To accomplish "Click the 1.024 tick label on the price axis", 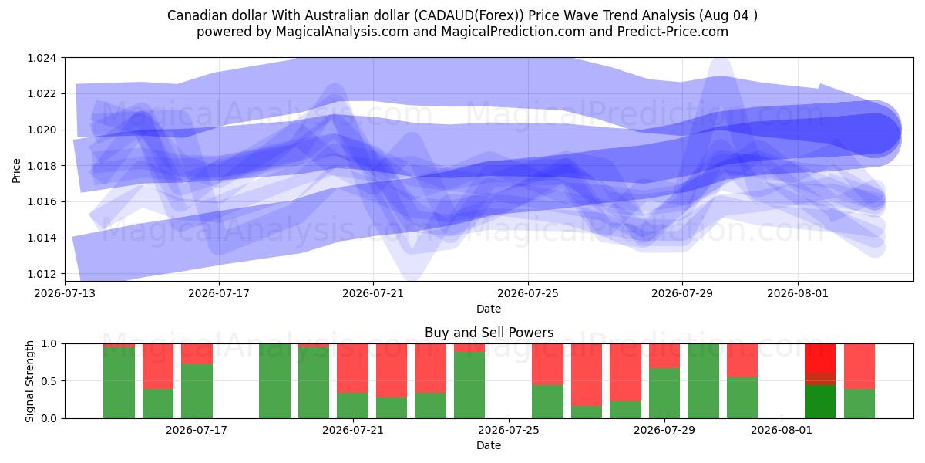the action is [42, 58].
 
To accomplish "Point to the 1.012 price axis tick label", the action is [42, 274].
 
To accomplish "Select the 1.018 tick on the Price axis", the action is [42, 166].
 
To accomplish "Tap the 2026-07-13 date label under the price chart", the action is [65, 293].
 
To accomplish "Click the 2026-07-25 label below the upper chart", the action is [528, 293].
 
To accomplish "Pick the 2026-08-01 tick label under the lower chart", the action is [782, 430].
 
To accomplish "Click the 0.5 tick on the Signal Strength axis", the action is [49, 380].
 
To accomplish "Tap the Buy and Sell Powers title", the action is [489, 333].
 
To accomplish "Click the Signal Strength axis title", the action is [29, 381].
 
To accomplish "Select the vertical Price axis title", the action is [16, 171].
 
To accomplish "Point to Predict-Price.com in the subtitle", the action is [673, 32].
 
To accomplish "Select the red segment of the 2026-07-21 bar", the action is [353, 368].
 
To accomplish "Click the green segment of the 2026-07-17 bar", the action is [197, 391].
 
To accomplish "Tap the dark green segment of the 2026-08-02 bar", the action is [820, 401].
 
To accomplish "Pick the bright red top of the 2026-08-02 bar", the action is [820, 358].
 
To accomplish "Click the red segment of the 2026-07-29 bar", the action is [664, 356].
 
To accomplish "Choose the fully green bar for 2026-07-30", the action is [703, 381].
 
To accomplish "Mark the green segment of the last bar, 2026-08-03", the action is [859, 404].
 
